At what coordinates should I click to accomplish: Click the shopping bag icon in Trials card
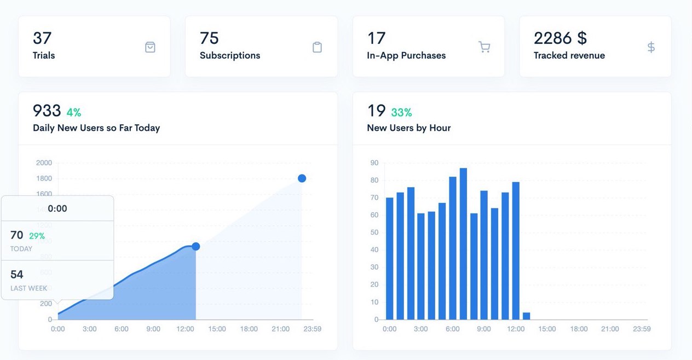click(150, 47)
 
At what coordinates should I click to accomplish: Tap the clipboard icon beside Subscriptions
click(317, 47)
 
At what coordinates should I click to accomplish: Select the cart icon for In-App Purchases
click(484, 47)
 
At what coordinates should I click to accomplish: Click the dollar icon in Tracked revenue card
click(651, 47)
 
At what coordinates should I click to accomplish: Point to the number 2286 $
click(560, 38)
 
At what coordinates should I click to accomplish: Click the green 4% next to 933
click(73, 113)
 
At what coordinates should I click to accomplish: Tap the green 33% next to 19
click(401, 113)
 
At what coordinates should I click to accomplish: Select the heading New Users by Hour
click(408, 128)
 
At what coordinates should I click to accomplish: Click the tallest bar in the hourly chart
click(463, 243)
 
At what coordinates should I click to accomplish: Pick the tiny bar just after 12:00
click(526, 316)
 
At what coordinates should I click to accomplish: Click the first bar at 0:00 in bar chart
click(389, 258)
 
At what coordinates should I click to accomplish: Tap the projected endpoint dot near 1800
click(302, 178)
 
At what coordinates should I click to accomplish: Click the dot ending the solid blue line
click(195, 247)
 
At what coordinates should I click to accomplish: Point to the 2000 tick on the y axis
click(44, 162)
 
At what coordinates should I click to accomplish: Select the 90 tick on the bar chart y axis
click(374, 162)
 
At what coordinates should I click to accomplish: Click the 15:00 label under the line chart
click(217, 329)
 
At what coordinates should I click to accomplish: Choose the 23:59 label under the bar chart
click(642, 329)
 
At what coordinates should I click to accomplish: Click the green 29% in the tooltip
click(37, 236)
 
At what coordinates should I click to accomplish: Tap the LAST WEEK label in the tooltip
click(28, 288)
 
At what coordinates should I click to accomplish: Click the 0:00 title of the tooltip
click(57, 208)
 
